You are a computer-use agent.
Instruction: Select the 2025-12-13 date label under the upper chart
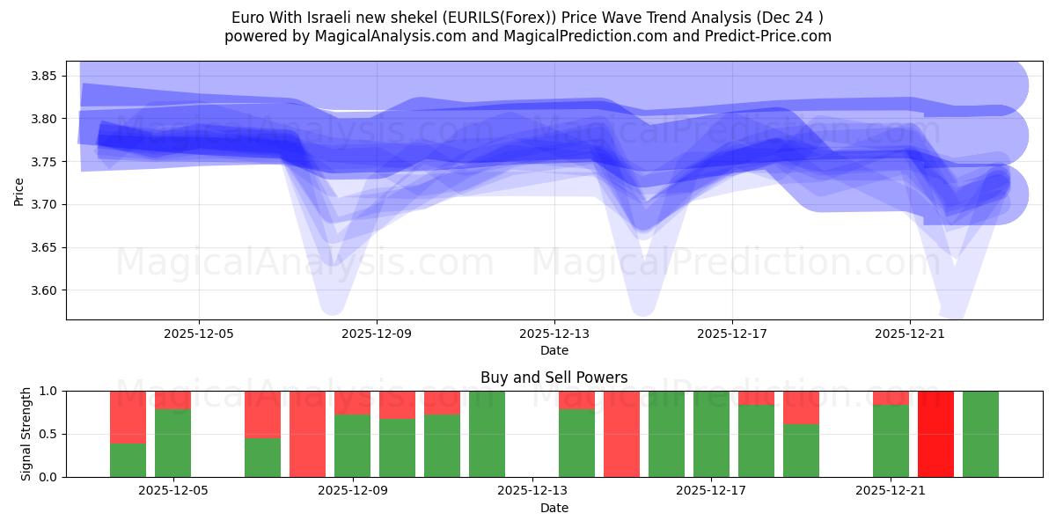(x=554, y=334)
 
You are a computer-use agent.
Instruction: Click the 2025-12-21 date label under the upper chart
(x=910, y=334)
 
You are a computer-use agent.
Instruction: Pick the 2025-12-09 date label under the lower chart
(x=352, y=491)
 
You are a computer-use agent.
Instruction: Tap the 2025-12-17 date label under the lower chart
(x=711, y=491)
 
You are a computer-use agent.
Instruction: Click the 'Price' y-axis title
(x=19, y=191)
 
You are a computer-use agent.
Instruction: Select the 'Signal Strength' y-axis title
(x=26, y=434)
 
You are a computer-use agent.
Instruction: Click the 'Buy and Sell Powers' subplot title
(x=554, y=378)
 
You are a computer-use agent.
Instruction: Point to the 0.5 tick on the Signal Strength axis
(x=49, y=434)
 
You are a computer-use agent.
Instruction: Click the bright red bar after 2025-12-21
(x=935, y=434)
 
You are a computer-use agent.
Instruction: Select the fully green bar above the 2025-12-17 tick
(x=711, y=434)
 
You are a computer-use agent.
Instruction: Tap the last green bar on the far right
(x=980, y=434)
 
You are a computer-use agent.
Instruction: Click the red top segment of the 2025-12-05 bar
(x=172, y=400)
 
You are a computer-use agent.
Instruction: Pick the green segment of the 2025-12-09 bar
(x=352, y=446)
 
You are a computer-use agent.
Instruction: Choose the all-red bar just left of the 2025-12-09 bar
(x=307, y=434)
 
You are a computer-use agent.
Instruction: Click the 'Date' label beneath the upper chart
(x=554, y=350)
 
